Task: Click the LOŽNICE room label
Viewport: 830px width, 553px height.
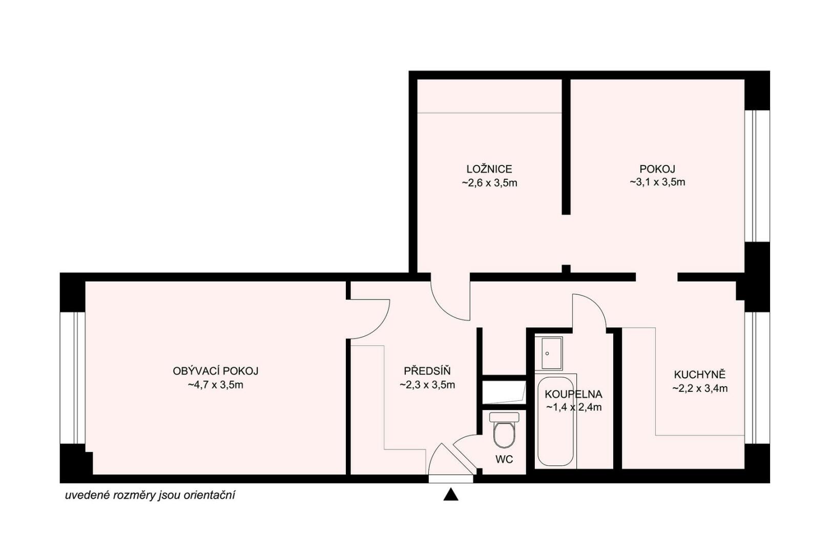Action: (489, 169)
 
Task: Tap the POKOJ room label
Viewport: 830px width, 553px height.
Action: (657, 169)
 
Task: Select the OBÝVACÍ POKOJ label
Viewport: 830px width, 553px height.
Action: (216, 371)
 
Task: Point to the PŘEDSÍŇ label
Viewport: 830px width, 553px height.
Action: (427, 370)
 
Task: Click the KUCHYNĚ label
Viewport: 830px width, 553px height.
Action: (699, 374)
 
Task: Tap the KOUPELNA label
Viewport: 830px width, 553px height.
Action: (574, 394)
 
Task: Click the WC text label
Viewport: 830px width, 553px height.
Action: (504, 459)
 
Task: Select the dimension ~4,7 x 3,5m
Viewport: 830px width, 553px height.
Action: (216, 385)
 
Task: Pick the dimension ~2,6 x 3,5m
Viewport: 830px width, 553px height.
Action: (489, 183)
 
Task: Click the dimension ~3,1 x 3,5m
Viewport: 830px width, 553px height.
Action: (657, 182)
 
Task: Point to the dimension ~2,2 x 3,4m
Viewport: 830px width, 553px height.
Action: (700, 389)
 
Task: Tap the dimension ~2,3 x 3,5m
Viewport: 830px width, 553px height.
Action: (427, 385)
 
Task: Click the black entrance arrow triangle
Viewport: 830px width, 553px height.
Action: (450, 495)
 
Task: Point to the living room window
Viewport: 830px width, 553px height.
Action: (73, 378)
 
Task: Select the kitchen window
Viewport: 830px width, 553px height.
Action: (757, 378)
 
